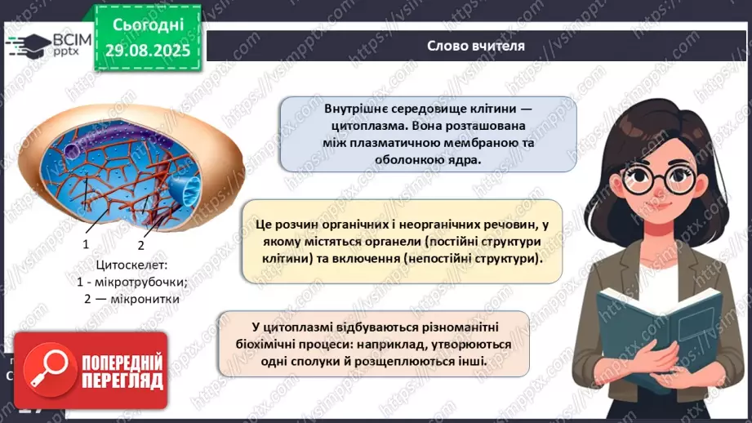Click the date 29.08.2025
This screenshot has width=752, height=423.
pyautogui.click(x=147, y=49)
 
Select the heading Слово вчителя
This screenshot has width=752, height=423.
pyautogui.click(x=475, y=46)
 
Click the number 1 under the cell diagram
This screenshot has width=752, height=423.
pyautogui.click(x=86, y=244)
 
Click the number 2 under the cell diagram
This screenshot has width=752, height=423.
pyautogui.click(x=140, y=244)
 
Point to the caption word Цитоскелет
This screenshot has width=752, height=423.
pyautogui.click(x=131, y=265)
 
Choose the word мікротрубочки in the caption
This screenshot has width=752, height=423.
pyautogui.click(x=140, y=282)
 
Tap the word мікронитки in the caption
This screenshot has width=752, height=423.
pyautogui.click(x=140, y=298)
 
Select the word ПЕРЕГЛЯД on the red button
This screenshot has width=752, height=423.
pyautogui.click(x=121, y=381)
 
